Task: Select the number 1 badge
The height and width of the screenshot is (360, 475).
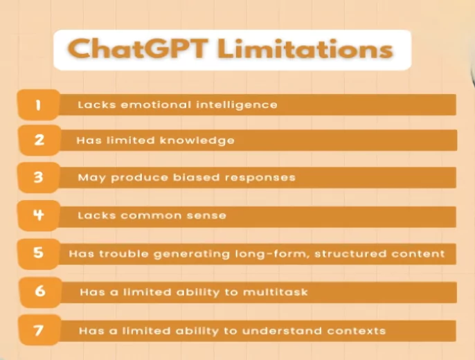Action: (38, 105)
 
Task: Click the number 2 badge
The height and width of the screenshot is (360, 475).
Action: (39, 140)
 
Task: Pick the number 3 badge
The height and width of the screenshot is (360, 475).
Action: (39, 177)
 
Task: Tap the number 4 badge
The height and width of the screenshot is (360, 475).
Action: (39, 215)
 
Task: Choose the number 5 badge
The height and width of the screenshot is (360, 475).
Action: (39, 253)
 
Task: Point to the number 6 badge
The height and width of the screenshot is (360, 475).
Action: (39, 291)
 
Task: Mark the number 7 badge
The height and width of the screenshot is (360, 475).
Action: (39, 330)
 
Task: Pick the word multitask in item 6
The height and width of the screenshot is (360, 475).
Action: (274, 292)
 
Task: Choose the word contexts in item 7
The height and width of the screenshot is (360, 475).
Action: (355, 330)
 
